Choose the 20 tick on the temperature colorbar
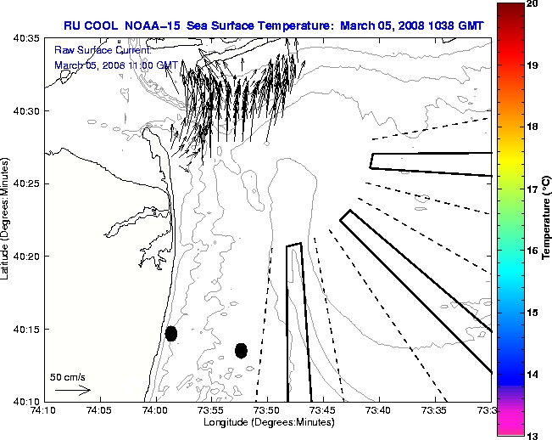click(533, 3)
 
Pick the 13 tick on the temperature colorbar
click(533, 436)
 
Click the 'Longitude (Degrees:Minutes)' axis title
click(267, 422)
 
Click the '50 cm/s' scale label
click(67, 376)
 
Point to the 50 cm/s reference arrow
click(72, 390)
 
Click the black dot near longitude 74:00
click(171, 333)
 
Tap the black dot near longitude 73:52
click(241, 350)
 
